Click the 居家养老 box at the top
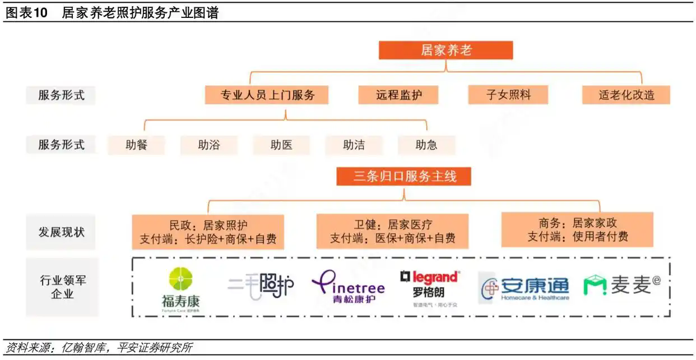[446, 50]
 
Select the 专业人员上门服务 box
[266, 95]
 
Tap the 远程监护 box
[398, 95]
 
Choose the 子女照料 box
[508, 95]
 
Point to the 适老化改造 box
[626, 95]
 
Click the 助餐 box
[136, 145]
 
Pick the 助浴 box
[208, 145]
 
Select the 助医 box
[281, 145]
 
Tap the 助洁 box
[354, 145]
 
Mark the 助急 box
[426, 145]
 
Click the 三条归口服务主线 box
[404, 177]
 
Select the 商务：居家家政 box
[577, 229]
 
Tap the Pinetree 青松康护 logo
[348, 287]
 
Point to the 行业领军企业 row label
[62, 287]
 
